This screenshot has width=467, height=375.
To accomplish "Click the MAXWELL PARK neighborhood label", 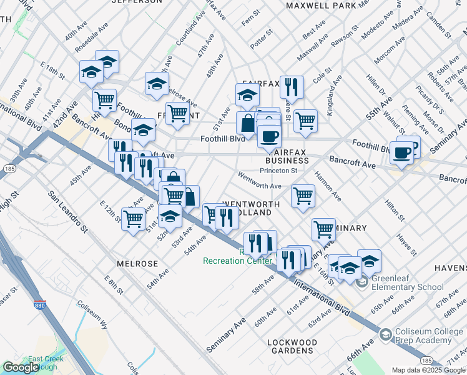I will [x=321, y=6].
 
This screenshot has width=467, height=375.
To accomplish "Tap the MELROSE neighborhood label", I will [x=137, y=264].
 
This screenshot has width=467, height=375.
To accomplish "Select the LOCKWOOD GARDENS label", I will [x=292, y=347].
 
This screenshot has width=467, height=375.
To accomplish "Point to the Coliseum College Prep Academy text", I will [x=423, y=336].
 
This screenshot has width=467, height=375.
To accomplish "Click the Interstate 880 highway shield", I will [x=39, y=307].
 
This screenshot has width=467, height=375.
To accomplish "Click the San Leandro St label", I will [x=67, y=212].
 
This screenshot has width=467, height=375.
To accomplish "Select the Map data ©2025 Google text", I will [x=428, y=370].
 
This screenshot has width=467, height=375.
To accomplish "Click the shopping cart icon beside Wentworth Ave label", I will [x=303, y=195].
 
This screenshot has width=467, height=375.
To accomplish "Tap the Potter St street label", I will [x=262, y=39].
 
